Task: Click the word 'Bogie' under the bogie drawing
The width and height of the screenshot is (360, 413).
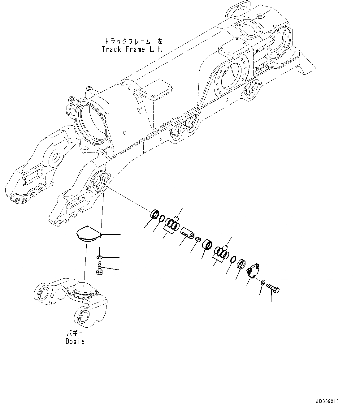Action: pos(75,342)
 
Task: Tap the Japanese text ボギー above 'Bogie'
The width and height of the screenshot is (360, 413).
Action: pos(76,334)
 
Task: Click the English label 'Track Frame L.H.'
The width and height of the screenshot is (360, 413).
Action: pos(132,49)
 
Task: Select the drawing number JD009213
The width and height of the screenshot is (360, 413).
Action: pos(327,401)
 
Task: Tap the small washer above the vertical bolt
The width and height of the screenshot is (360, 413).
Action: pos(99,257)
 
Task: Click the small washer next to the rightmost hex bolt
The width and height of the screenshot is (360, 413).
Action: pos(262,282)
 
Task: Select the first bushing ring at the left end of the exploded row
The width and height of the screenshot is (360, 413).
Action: pos(155,214)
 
